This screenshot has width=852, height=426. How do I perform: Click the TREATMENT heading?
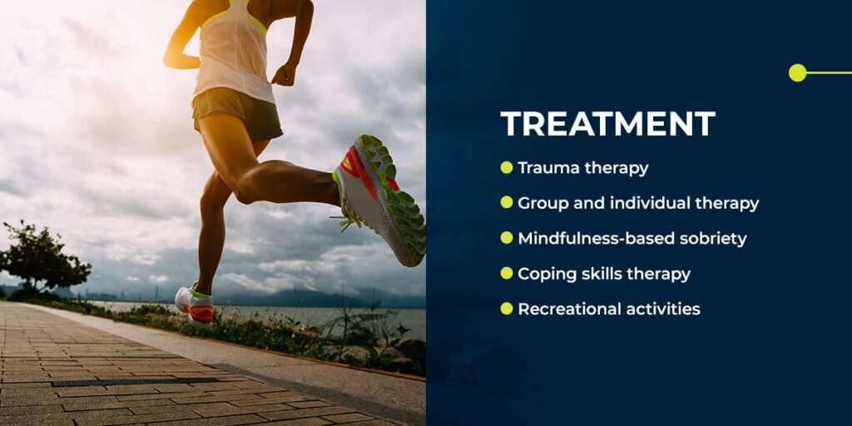(607, 124)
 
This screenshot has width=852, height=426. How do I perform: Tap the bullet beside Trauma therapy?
(506, 167)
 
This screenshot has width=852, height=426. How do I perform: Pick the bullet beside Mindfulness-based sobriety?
(506, 238)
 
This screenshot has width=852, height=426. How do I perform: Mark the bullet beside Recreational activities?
(506, 309)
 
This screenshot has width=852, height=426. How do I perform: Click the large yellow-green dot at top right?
(797, 72)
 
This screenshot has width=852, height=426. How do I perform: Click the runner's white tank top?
(229, 58)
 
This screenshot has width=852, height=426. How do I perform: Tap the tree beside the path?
(46, 258)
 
